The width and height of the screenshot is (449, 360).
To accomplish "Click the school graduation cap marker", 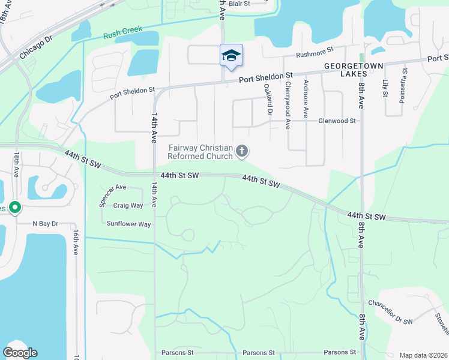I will tap(231, 56).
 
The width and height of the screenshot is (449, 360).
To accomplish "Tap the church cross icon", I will tap(242, 151).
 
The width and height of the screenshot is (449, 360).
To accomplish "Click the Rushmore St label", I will tap(315, 55).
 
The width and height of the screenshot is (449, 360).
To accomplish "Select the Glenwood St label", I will tap(337, 121).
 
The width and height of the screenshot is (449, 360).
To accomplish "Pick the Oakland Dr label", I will tap(268, 100).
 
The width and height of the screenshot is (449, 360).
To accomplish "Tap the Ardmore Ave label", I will tap(306, 98).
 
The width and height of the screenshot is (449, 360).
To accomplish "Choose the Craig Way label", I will tap(128, 205).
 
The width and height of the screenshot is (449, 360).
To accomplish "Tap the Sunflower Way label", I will tap(128, 224).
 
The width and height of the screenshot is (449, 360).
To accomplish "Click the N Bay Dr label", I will tap(46, 223).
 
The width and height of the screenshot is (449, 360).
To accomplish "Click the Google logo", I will tap(20, 353).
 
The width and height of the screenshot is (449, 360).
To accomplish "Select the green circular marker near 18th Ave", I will tap(15, 208).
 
